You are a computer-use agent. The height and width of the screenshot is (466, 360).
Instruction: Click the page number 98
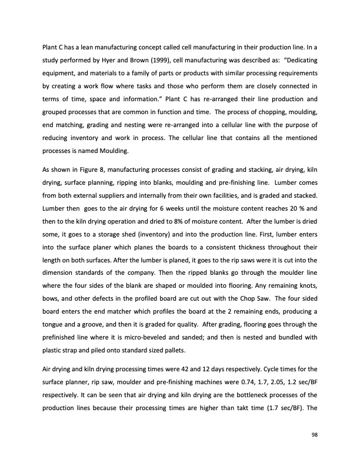(315, 434)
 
